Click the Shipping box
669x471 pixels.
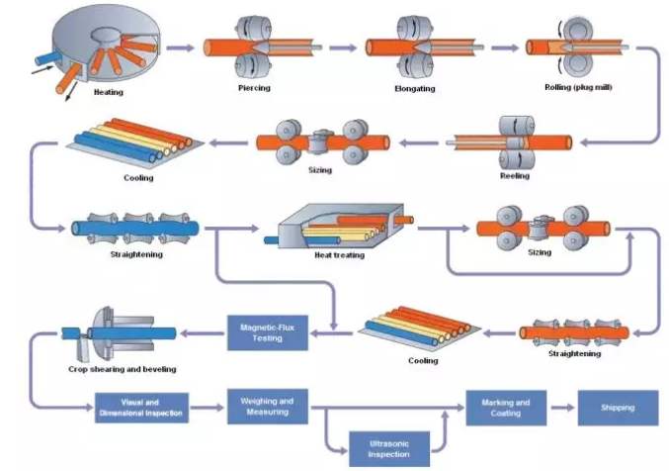coord(619,408)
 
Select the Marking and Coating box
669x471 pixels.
coord(506,408)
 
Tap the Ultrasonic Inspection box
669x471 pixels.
coord(389,448)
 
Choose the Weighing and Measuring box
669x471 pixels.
coord(267,407)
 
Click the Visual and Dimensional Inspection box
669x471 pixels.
coord(141,408)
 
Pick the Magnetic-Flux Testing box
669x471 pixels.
coord(267,332)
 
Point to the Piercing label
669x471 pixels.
coord(254,87)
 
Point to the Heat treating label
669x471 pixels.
coord(338,255)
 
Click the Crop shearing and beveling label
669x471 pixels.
coord(122,369)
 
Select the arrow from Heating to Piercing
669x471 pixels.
coord(180,47)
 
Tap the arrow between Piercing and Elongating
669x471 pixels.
coord(342,47)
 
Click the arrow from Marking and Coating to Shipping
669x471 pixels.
coord(562,408)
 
